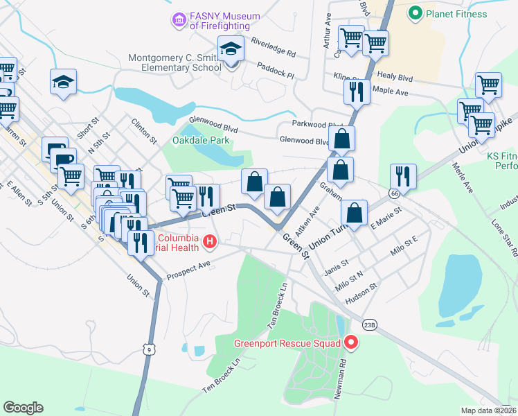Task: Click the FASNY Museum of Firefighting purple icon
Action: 179,20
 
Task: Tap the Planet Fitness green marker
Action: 416,13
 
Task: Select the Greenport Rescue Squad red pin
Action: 350,343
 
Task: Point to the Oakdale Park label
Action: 200,142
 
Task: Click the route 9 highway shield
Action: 149,350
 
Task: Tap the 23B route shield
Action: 370,324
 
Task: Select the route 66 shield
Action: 394,193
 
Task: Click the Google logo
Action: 23,407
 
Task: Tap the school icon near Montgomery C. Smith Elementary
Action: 231,49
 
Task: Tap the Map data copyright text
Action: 488,410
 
